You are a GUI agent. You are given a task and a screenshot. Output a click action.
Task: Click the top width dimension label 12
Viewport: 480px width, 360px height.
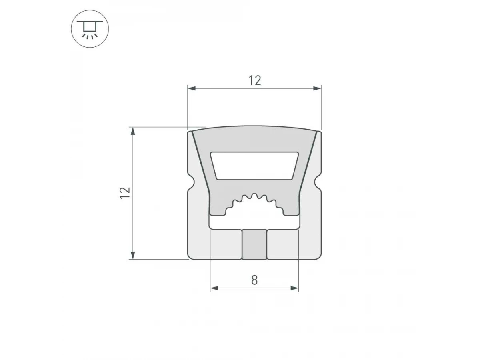255,80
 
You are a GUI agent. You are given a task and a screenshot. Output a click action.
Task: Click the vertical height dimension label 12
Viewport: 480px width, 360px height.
125,193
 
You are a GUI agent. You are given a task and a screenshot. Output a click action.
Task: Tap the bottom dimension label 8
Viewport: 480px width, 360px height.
254,280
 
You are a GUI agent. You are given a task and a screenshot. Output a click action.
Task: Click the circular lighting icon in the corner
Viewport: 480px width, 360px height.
90,29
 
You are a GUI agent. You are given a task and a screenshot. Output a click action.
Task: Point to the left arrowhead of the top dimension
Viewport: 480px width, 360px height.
192,88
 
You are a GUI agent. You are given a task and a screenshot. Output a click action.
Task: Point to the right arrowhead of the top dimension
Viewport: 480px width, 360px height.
317,88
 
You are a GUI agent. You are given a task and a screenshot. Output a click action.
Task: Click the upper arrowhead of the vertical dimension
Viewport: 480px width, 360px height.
133,131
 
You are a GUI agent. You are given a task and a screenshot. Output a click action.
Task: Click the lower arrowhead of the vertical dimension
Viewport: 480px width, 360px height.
133,255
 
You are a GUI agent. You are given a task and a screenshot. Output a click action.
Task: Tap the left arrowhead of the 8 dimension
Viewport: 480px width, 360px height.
214,288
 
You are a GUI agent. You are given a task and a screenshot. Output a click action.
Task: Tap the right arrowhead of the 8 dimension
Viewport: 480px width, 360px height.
294,288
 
